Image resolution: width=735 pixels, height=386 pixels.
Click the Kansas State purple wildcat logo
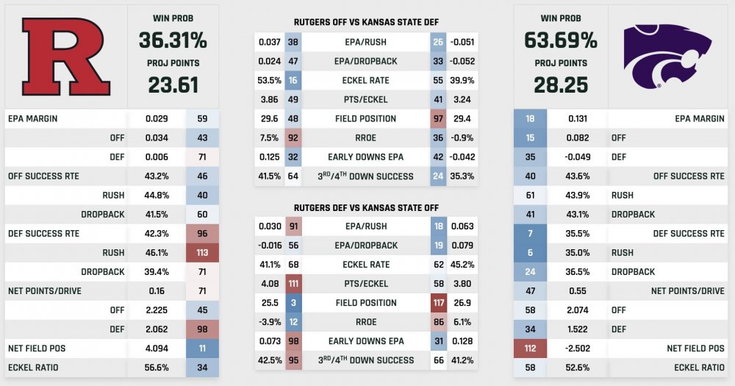click(668, 55)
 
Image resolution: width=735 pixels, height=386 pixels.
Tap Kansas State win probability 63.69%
click(561, 37)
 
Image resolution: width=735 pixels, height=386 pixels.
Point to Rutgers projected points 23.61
click(173, 85)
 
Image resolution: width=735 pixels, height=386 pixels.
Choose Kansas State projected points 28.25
click(561, 85)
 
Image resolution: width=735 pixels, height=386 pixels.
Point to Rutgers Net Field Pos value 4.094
click(156, 348)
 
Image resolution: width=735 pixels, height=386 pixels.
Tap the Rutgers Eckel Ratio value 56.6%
click(156, 367)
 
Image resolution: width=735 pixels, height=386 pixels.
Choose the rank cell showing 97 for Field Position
click(440, 118)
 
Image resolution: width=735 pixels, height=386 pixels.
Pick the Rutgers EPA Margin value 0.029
click(156, 118)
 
